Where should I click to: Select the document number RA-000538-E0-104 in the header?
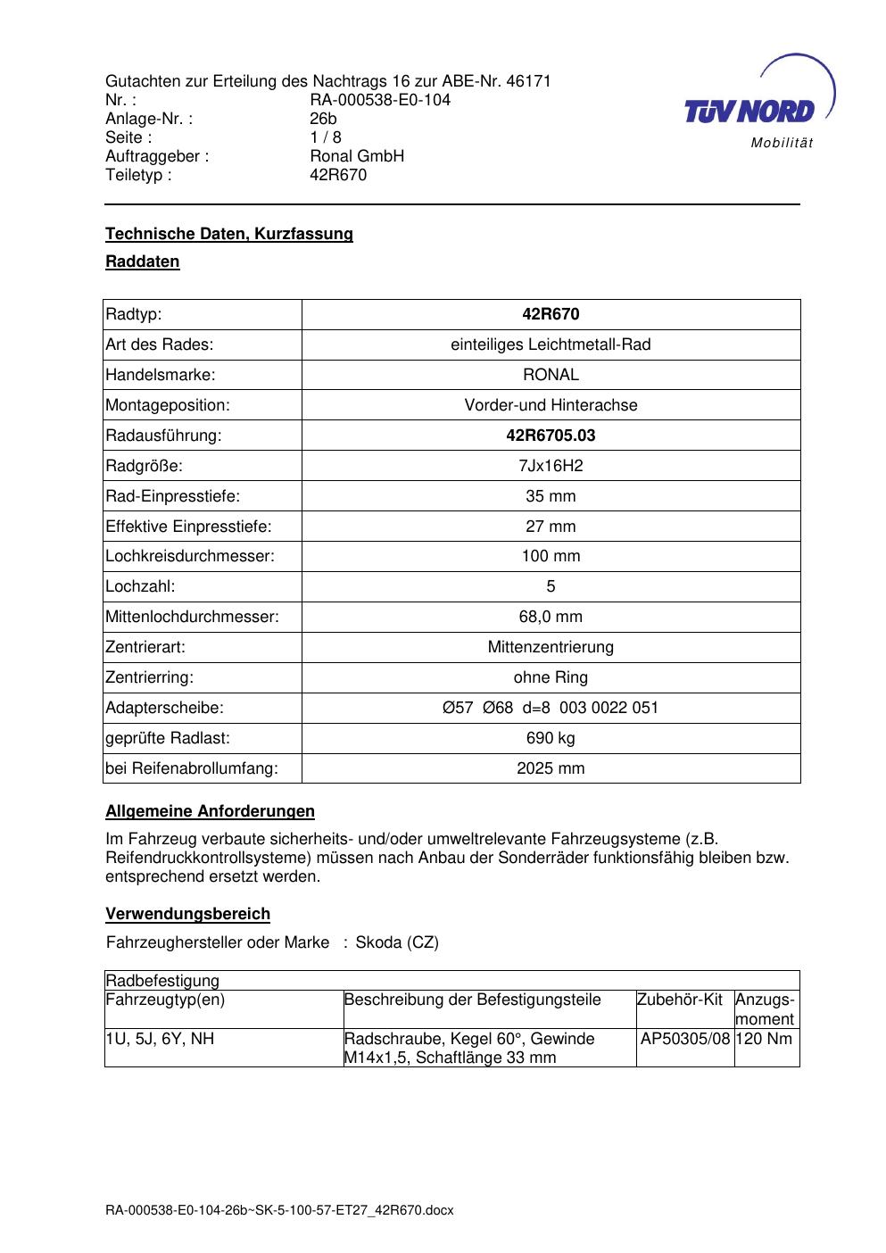(x=380, y=100)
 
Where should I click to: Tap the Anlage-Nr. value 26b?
(x=323, y=119)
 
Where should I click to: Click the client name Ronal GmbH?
(x=357, y=156)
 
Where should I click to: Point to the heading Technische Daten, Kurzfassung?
(x=229, y=234)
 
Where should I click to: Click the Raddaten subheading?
(x=143, y=261)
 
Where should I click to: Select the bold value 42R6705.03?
(x=551, y=436)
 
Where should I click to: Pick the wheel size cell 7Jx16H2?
(x=551, y=466)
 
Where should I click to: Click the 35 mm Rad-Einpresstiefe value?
(x=551, y=496)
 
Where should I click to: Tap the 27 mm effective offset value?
(x=551, y=527)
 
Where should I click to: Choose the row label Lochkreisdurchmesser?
(x=190, y=556)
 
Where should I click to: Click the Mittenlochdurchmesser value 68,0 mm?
(x=551, y=617)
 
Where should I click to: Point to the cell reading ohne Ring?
(x=551, y=677)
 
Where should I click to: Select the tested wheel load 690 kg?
(x=551, y=738)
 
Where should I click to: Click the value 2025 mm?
(x=551, y=768)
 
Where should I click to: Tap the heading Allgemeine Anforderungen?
(x=210, y=811)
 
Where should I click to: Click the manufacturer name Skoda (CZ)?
(x=397, y=942)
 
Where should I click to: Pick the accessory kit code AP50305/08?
(x=685, y=1039)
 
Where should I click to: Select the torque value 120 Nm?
(x=766, y=1039)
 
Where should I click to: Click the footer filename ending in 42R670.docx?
(x=279, y=1210)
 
